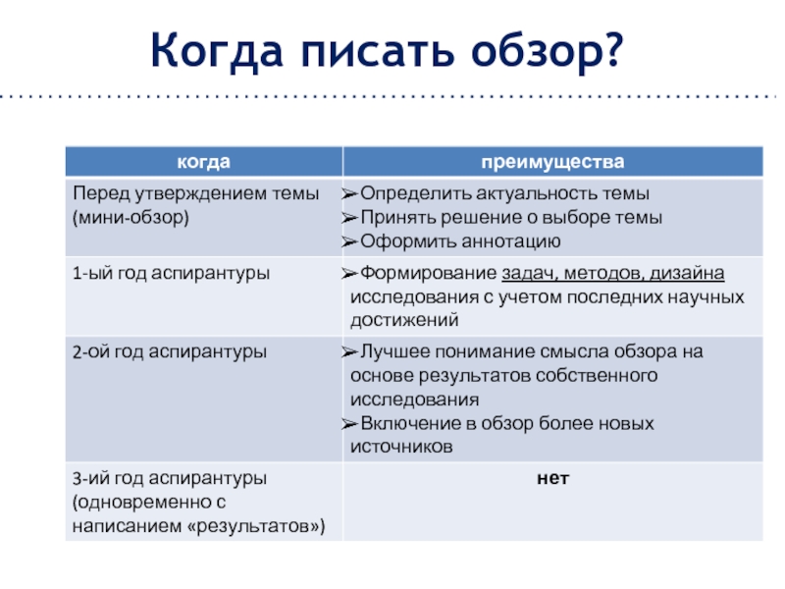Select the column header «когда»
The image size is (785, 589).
pyautogui.click(x=203, y=161)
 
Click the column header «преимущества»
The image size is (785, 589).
pyautogui.click(x=551, y=161)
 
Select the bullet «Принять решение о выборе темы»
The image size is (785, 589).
pyautogui.click(x=511, y=217)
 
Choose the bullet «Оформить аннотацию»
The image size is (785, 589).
pyautogui.click(x=460, y=241)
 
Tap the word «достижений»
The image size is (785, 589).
pyautogui.click(x=403, y=320)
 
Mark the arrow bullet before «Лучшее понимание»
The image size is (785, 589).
pyautogui.click(x=349, y=351)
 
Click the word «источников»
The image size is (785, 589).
pyautogui.click(x=401, y=446)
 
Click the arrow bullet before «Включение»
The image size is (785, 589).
pyautogui.click(x=349, y=423)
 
